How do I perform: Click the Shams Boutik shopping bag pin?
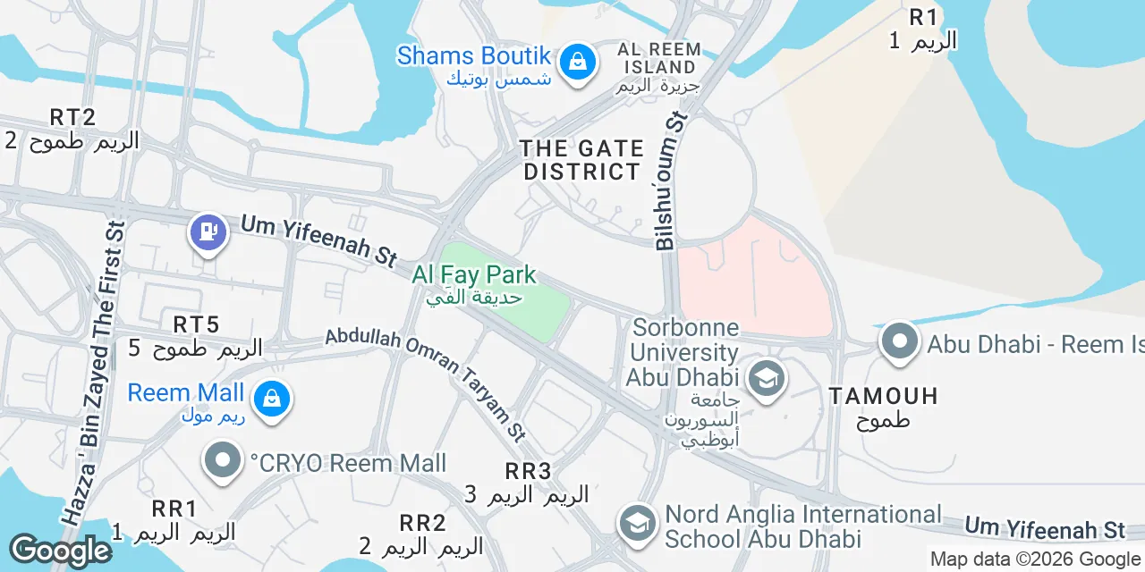[x=578, y=63]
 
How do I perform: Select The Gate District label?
[x=582, y=160]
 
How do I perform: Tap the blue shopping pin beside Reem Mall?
[x=271, y=399]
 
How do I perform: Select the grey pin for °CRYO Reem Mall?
[x=223, y=461]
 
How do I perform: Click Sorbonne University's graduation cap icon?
[x=766, y=380]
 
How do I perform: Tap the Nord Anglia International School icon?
[x=637, y=525]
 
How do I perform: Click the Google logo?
[x=60, y=551]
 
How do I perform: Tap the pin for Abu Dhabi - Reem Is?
[x=899, y=342]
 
